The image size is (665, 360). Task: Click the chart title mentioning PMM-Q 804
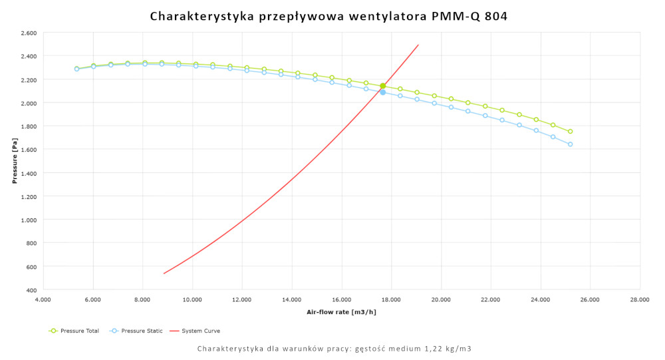click(329, 15)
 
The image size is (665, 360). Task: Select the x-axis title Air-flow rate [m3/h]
click(341, 312)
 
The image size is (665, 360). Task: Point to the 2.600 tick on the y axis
click(28, 33)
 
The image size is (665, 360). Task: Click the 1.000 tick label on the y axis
click(28, 220)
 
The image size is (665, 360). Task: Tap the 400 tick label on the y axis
click(31, 290)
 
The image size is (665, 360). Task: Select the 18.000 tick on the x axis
click(391, 299)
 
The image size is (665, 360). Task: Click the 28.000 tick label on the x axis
click(640, 299)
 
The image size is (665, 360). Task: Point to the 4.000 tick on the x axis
click(43, 299)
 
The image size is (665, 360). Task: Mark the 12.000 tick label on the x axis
click(242, 299)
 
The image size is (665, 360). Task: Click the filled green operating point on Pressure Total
click(382, 86)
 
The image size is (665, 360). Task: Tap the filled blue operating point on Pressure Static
click(382, 92)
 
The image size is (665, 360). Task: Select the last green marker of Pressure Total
click(570, 131)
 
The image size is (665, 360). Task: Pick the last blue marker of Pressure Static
click(570, 144)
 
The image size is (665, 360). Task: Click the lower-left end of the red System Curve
click(164, 273)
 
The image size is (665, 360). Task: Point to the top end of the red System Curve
click(418, 45)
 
